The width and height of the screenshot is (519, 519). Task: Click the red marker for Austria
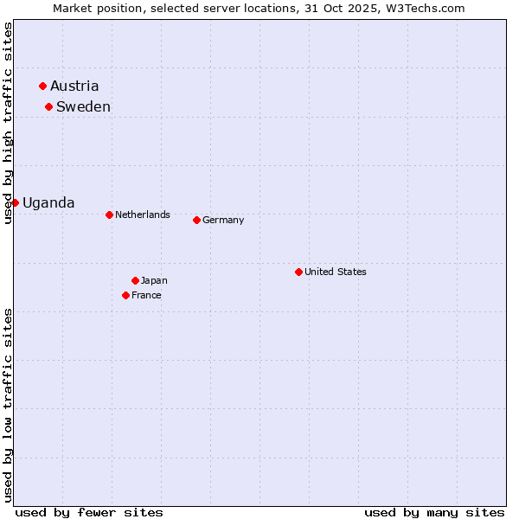click(x=42, y=86)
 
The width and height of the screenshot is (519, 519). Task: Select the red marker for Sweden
click(x=48, y=106)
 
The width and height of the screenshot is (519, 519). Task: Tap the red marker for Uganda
click(x=15, y=202)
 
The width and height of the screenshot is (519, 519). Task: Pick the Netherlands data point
click(x=109, y=215)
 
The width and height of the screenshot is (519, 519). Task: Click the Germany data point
click(x=196, y=220)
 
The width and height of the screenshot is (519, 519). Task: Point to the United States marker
click(x=298, y=272)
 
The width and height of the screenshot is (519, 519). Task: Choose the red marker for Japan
click(x=135, y=280)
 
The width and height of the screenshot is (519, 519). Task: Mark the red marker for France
click(x=126, y=295)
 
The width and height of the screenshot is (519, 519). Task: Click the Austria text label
click(x=74, y=86)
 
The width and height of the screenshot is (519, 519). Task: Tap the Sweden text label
click(x=83, y=106)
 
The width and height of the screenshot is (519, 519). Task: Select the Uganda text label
click(x=48, y=202)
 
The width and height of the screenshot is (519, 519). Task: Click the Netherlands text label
click(x=143, y=215)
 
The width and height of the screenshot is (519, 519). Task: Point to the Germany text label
click(x=223, y=220)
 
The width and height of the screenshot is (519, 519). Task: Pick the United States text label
click(x=336, y=272)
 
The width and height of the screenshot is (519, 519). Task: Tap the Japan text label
click(x=154, y=280)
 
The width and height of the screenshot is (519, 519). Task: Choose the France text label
click(x=146, y=295)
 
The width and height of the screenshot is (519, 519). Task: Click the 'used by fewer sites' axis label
click(x=89, y=512)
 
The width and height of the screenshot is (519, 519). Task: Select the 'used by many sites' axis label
click(x=434, y=512)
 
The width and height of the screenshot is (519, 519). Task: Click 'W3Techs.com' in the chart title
click(x=425, y=8)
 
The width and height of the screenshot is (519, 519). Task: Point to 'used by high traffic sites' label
click(x=8, y=123)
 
